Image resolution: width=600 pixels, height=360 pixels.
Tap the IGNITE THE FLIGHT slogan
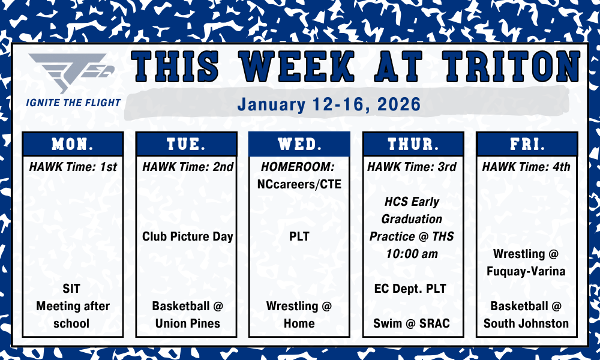(73, 103)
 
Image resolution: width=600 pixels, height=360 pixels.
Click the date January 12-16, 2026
(328, 104)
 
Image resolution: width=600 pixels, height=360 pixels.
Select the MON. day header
(73, 145)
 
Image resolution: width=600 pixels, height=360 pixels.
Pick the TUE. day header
(187, 145)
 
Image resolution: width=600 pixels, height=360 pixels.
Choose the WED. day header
(299, 145)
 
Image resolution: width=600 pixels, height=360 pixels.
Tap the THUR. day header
(413, 145)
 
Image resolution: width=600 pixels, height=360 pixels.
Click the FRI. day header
(526, 145)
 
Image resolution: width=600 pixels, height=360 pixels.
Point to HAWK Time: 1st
(73, 167)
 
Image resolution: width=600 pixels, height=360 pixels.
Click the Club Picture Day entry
(187, 236)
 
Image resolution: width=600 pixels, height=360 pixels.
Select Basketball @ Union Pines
(187, 314)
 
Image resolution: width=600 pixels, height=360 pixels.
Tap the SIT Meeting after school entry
(73, 306)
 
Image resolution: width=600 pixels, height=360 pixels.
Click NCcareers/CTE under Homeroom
(299, 184)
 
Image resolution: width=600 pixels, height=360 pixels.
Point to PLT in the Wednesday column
(299, 236)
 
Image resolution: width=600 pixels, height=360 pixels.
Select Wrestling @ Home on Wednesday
(299, 314)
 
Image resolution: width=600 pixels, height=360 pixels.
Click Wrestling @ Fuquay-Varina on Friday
(526, 262)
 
